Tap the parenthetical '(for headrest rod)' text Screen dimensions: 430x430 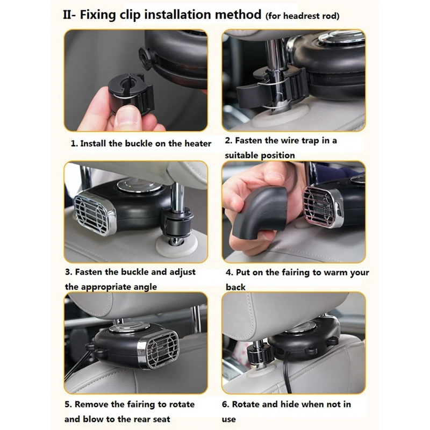pyautogui.click(x=302, y=16)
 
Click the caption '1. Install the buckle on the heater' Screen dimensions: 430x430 pyautogui.click(x=141, y=144)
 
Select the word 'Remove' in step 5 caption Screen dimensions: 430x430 pyautogui.click(x=91, y=404)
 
